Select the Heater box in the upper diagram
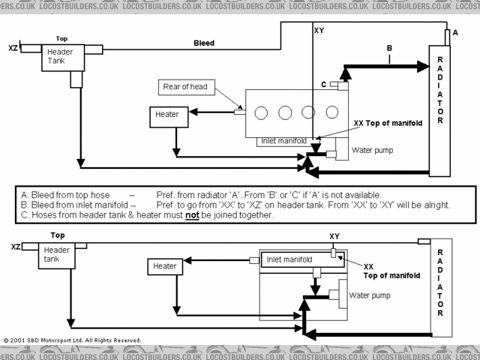point(167,114)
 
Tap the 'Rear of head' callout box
point(185,87)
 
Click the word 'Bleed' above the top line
point(204,43)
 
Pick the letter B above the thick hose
point(388,49)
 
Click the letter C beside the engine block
point(323,85)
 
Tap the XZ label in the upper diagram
point(13,47)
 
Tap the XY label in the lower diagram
point(334,236)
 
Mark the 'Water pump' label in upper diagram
point(371,150)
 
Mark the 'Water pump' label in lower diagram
point(369,295)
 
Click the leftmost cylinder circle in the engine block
point(262,113)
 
